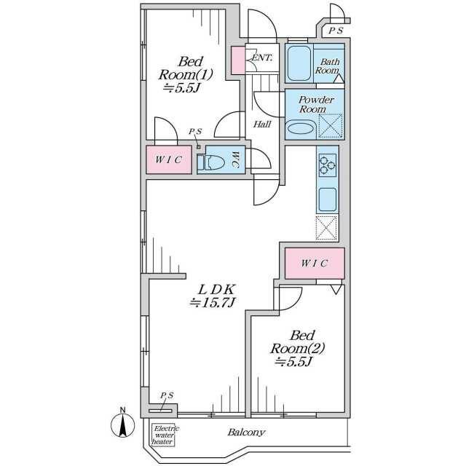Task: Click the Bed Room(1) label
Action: (x=186, y=74)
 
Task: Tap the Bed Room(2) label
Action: (x=298, y=348)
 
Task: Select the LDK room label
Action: (x=213, y=296)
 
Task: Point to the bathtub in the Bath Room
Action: (x=299, y=63)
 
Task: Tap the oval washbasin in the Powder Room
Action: (x=301, y=129)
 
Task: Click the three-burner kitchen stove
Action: (x=327, y=165)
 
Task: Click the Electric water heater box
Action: (x=163, y=435)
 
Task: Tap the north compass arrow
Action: (x=123, y=424)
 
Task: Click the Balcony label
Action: (x=246, y=433)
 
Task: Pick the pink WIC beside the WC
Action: (x=169, y=159)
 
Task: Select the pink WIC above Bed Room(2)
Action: (x=315, y=264)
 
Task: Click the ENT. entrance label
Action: (x=261, y=58)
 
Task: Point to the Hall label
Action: (x=262, y=125)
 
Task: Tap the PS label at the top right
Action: (x=336, y=31)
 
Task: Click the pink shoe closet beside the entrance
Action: (x=238, y=60)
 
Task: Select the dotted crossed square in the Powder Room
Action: (x=331, y=126)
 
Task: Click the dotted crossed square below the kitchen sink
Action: (x=327, y=228)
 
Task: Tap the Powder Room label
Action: (x=315, y=104)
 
